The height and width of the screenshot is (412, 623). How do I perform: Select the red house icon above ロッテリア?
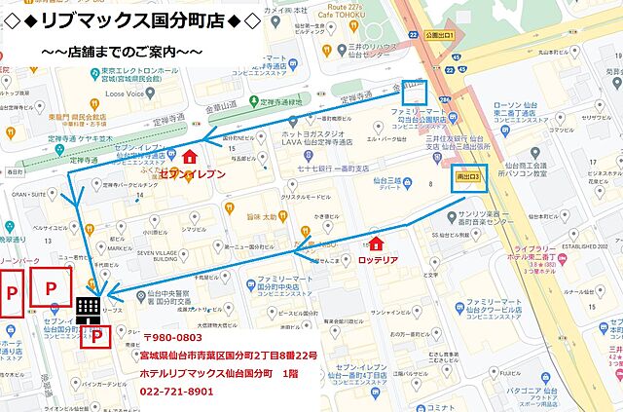[x=378, y=243]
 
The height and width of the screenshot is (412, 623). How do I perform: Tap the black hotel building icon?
[x=88, y=306]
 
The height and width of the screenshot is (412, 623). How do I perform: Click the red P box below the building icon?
[x=95, y=337]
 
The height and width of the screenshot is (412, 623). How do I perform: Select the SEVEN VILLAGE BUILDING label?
[x=157, y=256]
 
